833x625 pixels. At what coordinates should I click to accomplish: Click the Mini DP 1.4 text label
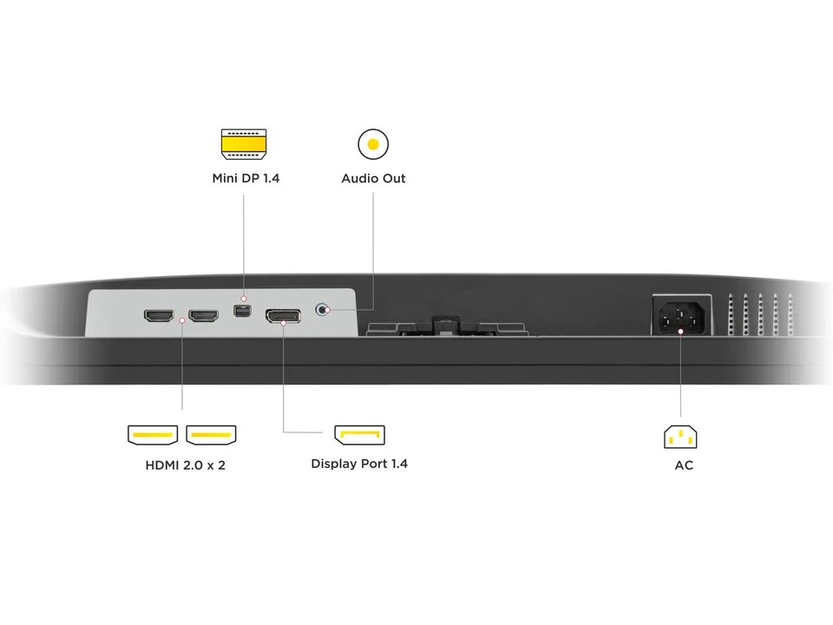coord(246,179)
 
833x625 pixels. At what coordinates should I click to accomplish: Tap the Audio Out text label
coord(373,179)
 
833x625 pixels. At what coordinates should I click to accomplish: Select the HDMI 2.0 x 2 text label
coord(186,465)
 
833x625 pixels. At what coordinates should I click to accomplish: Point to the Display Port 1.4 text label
coord(359,464)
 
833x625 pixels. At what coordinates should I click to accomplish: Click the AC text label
coord(684,465)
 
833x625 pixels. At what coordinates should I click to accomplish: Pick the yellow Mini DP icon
coord(244,144)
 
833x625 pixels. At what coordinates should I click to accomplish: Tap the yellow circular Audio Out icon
coord(373,144)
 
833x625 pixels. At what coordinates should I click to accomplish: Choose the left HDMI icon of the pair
coord(153,434)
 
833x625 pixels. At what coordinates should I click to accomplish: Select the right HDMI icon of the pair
coord(211,434)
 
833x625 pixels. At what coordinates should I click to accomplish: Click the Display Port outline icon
coord(360,434)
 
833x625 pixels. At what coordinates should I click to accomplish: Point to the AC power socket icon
coord(681,436)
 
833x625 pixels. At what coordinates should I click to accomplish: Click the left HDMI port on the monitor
coord(159,316)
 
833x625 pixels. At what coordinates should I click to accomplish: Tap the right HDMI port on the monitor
coord(204,316)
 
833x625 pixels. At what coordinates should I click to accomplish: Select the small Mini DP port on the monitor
coord(244,310)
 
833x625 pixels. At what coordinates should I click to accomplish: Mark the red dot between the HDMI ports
coord(182,321)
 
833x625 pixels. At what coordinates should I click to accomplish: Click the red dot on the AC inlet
coord(681,330)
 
